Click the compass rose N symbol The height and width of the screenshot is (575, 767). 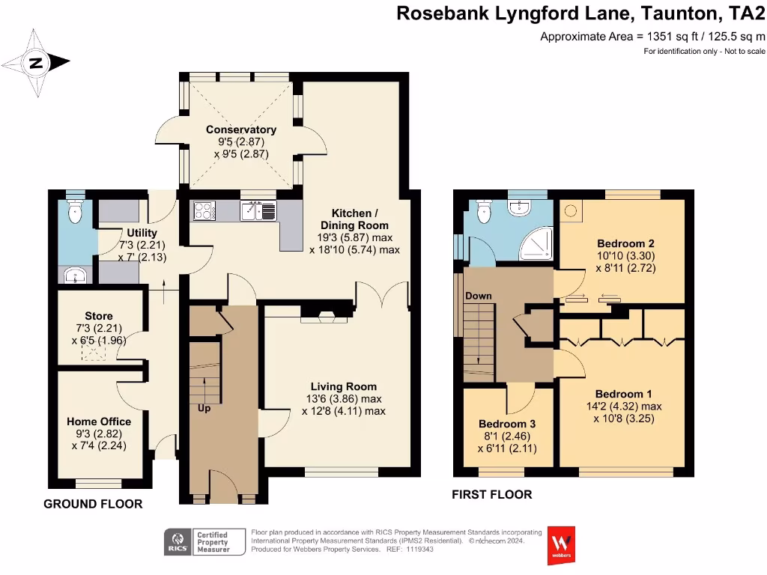click(36, 63)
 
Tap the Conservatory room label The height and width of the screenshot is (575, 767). click(241, 130)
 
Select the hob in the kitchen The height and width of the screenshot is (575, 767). click(204, 212)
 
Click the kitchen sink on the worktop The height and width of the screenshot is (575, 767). click(258, 212)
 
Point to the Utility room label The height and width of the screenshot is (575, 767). click(142, 234)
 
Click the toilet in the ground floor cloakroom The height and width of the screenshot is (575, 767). click(74, 213)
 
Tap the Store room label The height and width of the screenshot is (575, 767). click(99, 316)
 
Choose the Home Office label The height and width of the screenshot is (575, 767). click(99, 422)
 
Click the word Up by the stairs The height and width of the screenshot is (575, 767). click(204, 409)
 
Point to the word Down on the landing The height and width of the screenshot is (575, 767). click(478, 296)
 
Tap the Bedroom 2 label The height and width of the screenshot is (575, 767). click(625, 243)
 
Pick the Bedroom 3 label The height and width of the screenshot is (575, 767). click(507, 424)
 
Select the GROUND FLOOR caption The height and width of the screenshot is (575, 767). click(93, 504)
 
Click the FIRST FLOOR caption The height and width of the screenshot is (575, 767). click(491, 494)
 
